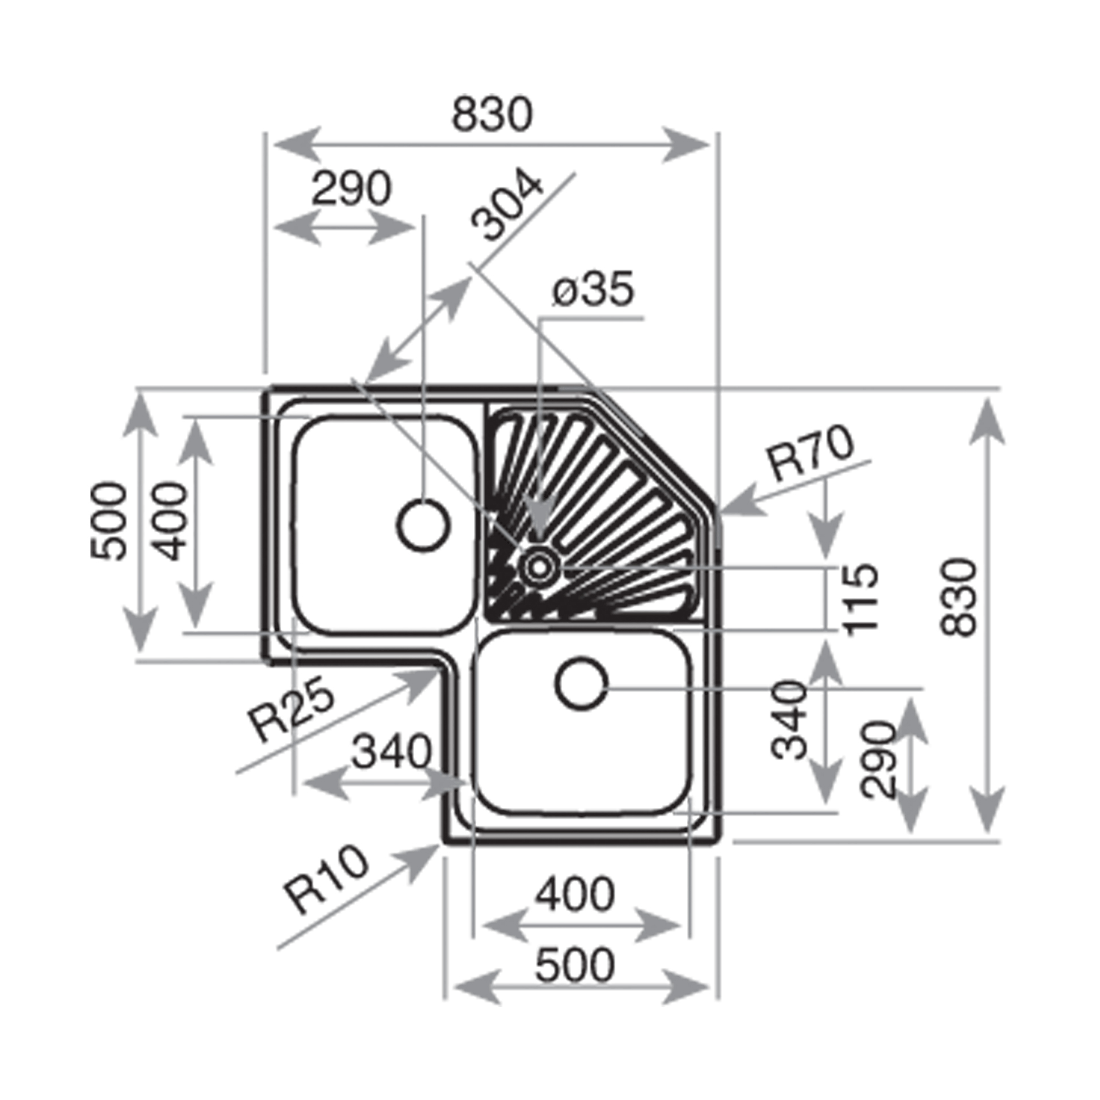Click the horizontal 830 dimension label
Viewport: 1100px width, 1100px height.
click(x=492, y=115)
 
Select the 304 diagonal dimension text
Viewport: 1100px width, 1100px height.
click(x=506, y=204)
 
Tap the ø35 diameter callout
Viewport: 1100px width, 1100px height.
click(x=593, y=289)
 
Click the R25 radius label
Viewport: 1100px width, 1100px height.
click(x=291, y=709)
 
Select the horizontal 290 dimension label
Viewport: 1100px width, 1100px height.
click(x=351, y=188)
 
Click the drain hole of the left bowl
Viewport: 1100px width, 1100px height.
click(x=423, y=525)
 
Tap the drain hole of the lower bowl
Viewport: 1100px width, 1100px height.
click(x=582, y=685)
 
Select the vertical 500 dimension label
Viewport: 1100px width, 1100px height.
click(x=109, y=521)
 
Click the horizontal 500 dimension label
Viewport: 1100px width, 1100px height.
click(x=575, y=965)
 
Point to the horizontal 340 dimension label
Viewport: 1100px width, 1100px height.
click(x=392, y=752)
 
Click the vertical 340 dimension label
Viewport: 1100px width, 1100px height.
click(x=789, y=719)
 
